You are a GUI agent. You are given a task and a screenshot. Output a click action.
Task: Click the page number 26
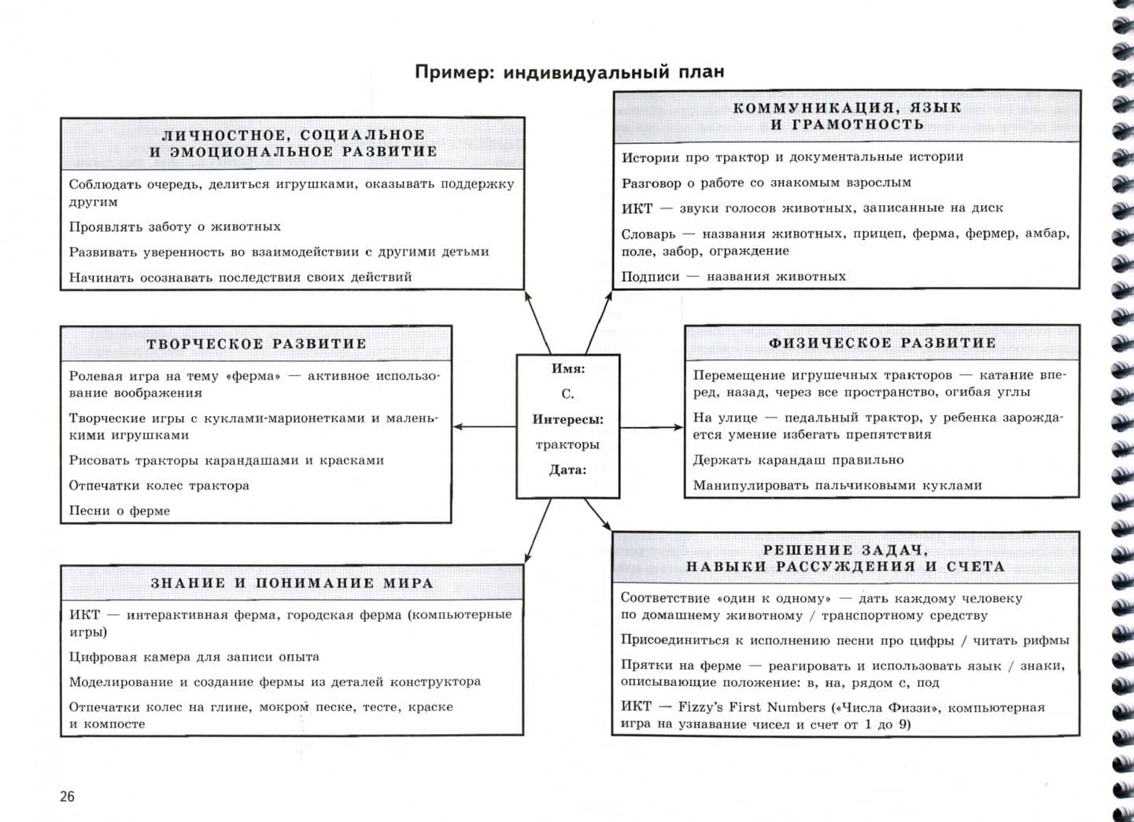[x=68, y=796]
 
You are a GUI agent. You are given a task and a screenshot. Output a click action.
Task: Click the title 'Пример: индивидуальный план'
[x=570, y=72]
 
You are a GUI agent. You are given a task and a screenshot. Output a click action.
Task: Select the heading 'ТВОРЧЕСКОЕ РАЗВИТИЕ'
[x=257, y=344]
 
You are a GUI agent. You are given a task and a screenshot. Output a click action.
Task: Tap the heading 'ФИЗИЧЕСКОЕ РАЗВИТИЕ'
[x=882, y=343]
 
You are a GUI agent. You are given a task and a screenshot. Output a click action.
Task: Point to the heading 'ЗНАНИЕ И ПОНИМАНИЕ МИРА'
[x=292, y=583]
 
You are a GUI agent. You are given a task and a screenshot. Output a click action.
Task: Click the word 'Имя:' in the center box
[x=568, y=368]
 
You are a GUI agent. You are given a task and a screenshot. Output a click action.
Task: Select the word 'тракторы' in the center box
[x=567, y=444]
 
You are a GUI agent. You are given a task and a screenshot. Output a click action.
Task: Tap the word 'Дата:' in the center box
[x=567, y=470]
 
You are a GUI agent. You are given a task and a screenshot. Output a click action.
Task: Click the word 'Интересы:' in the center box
[x=567, y=419]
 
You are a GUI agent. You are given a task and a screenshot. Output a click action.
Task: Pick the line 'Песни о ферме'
[x=120, y=511]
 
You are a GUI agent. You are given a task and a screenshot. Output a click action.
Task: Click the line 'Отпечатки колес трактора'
[x=159, y=485]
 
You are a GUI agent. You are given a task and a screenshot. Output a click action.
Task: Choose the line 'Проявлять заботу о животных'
[x=175, y=227]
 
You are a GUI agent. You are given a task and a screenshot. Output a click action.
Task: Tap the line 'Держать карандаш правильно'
[x=798, y=459]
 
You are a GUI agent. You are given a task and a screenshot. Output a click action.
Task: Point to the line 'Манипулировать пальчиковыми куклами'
[x=837, y=485]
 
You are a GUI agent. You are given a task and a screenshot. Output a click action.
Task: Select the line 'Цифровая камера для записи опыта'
[x=194, y=656]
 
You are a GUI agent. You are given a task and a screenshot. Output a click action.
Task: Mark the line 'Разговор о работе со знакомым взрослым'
[x=766, y=182]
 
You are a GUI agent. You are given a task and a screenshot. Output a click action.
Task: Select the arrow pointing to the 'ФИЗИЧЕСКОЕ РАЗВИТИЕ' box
[x=652, y=427]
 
